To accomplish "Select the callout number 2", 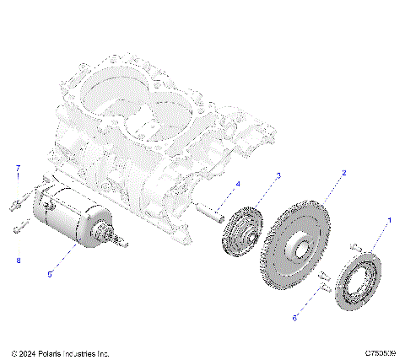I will click(x=343, y=172).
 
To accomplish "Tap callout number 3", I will click(x=278, y=175).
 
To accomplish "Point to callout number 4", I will click(x=237, y=184).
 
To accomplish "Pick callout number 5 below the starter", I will click(x=48, y=273).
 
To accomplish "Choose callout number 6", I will click(x=294, y=319).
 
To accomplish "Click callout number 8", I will click(x=17, y=261).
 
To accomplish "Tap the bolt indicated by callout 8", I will click(x=19, y=226).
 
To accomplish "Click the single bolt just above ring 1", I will click(x=355, y=246).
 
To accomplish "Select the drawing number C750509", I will click(x=381, y=353).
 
